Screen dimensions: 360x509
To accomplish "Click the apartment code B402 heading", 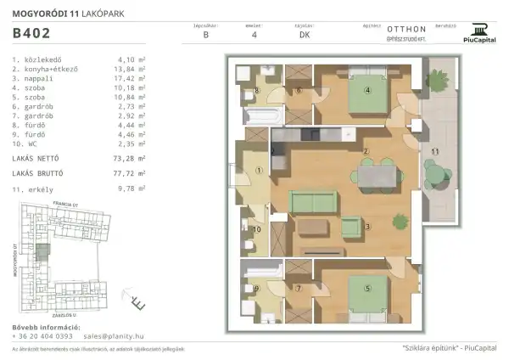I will click(31, 34).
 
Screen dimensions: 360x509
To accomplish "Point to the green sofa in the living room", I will click(315, 202).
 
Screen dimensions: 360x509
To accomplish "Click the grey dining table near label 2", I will click(377, 176).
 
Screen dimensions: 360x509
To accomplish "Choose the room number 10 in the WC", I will click(257, 228).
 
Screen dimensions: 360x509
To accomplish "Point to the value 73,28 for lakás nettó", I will click(125, 158).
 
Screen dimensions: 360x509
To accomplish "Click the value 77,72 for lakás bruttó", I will click(125, 172).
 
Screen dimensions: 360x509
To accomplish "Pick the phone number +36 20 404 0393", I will click(42, 335).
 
